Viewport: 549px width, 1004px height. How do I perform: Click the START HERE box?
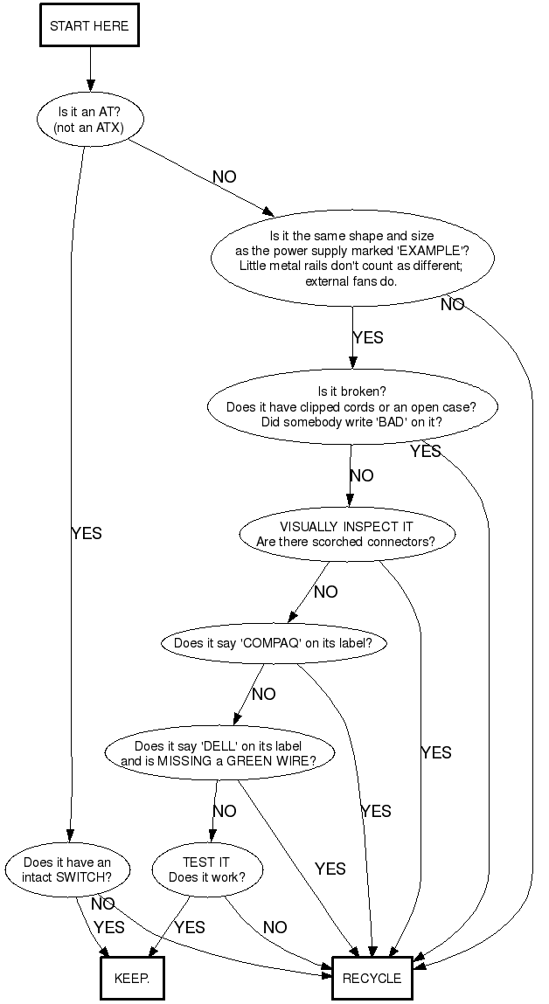click(89, 26)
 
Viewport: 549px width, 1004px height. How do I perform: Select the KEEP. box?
click(132, 978)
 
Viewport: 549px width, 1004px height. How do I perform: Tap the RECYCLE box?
click(372, 978)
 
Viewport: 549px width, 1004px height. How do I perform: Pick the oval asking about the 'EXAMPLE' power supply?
click(351, 259)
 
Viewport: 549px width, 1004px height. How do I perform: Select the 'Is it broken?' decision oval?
click(351, 406)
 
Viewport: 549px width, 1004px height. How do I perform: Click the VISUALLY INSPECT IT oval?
click(346, 534)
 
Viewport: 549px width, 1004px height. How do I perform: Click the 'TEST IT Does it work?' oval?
click(206, 869)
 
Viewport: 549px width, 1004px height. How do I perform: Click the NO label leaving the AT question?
click(224, 177)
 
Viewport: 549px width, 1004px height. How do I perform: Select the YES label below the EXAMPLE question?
click(367, 338)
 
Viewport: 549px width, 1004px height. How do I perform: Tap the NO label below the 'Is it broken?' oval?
click(361, 476)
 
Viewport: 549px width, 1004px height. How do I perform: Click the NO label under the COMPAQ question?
click(263, 695)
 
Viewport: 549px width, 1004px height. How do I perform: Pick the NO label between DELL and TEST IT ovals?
click(224, 812)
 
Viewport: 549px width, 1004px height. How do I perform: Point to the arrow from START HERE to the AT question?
click(89, 69)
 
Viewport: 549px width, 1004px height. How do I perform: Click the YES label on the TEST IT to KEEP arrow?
click(189, 928)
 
